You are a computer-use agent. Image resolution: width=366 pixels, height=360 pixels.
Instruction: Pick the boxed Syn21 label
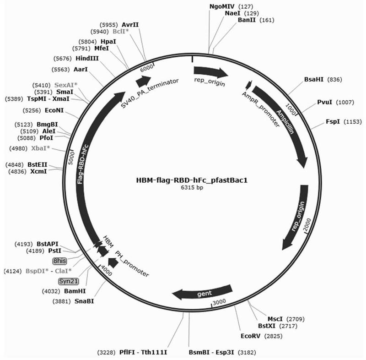[67, 280]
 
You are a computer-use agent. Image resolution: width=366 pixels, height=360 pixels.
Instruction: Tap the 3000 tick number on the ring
[221, 302]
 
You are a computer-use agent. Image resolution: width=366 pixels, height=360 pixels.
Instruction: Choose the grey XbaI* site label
[42, 148]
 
